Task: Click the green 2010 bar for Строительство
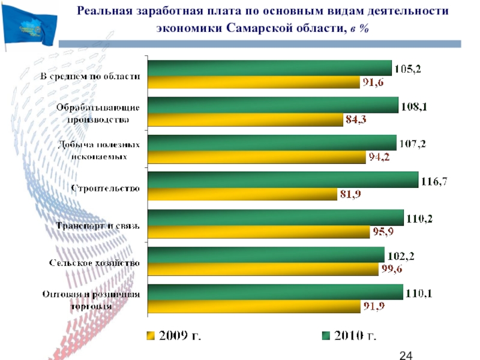[x=282, y=180]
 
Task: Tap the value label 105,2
[x=407, y=69]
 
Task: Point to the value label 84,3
[x=355, y=120]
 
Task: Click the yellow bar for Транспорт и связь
[x=259, y=232]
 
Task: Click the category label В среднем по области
[x=91, y=77]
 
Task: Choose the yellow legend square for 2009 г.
[x=151, y=335]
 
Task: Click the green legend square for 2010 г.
[x=326, y=335]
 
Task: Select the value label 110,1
[x=419, y=293]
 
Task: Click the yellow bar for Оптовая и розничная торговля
[x=253, y=307]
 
